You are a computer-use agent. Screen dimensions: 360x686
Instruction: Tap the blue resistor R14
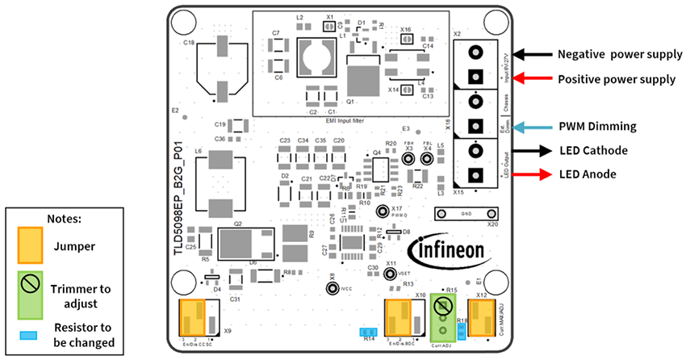pyautogui.click(x=369, y=332)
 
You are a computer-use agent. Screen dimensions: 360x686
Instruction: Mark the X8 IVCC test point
pyautogui.click(x=331, y=287)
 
